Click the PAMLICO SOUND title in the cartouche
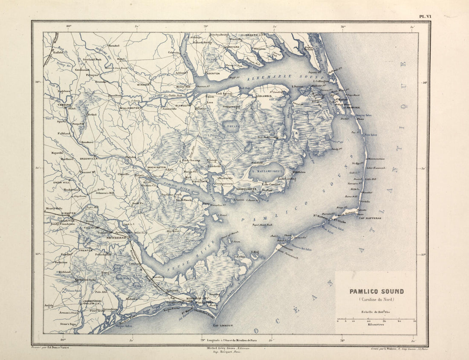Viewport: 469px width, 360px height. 376,292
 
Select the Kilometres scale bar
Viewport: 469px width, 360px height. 376,319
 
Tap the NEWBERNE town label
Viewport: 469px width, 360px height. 115,237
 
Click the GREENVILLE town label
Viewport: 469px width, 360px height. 89,158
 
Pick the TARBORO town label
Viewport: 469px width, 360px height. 64,104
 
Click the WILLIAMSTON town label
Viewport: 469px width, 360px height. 130,108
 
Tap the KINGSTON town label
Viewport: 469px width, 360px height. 68,213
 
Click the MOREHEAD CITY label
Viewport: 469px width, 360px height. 196,298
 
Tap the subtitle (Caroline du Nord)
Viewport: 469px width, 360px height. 376,299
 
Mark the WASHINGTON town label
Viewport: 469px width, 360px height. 156,168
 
